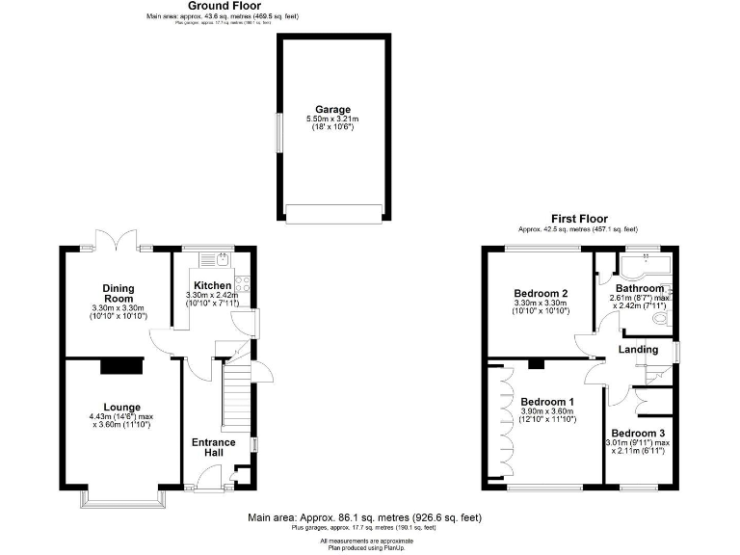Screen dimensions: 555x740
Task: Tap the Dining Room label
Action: coord(119,293)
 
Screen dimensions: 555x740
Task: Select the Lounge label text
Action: coord(123,407)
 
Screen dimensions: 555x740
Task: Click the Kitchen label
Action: coord(212,285)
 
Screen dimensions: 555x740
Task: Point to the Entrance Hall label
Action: coord(213,447)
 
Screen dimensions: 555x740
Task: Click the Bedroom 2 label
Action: coord(539,293)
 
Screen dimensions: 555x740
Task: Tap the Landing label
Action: coord(638,349)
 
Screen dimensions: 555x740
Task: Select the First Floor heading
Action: coord(577,220)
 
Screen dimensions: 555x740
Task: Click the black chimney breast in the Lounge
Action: coord(122,365)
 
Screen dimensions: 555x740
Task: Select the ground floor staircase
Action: coord(236,395)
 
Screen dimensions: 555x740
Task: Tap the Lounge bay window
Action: coord(123,496)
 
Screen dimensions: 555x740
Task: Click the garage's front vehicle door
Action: coord(333,213)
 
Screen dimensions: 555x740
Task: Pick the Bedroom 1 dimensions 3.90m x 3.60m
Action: coord(546,412)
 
